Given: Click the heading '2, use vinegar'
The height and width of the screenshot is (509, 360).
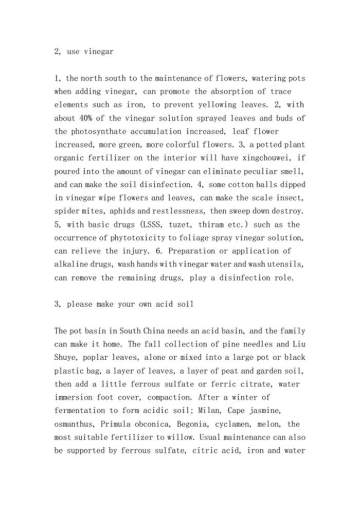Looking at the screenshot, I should click(x=84, y=51).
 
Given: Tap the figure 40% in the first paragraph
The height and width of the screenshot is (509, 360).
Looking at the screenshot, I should click(x=86, y=118).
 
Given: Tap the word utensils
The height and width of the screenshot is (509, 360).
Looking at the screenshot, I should click(x=286, y=264).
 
